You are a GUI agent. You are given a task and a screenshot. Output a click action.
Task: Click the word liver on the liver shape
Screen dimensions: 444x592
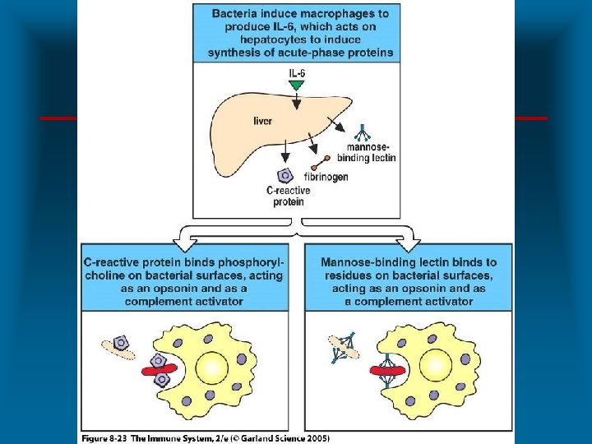pyautogui.click(x=263, y=121)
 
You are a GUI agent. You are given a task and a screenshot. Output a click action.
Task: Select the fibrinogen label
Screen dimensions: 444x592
pyautogui.click(x=325, y=177)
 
